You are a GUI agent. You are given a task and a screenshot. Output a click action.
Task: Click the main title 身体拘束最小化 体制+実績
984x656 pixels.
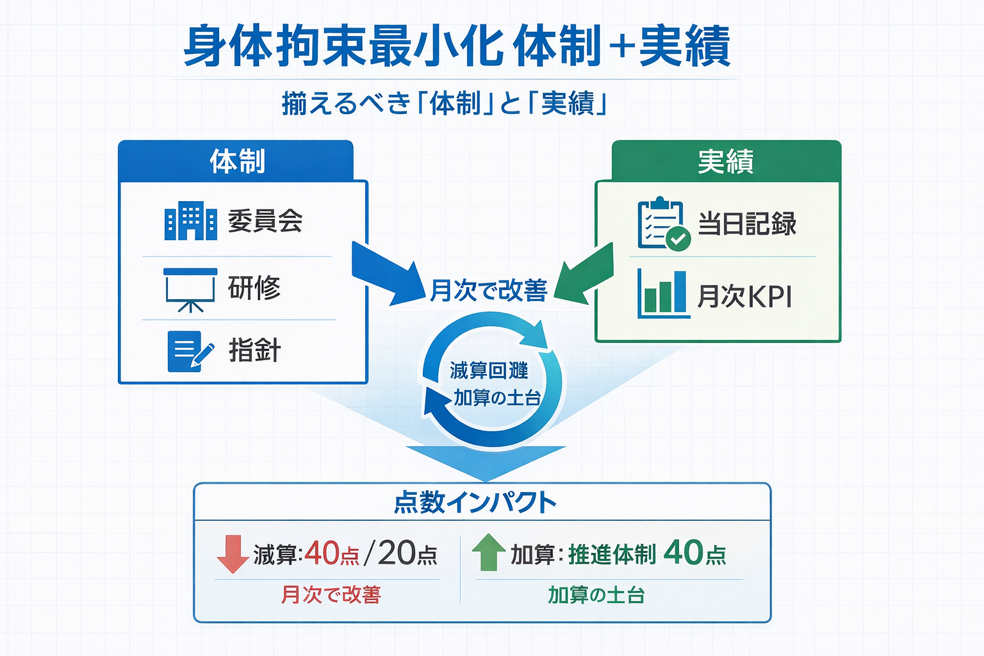(x=456, y=46)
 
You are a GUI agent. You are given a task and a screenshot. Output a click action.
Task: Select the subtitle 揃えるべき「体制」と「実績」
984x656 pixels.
(x=444, y=103)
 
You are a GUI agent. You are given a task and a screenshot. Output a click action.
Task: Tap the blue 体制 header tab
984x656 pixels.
(x=236, y=161)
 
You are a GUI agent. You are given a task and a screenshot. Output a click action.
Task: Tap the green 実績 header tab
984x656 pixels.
(x=726, y=161)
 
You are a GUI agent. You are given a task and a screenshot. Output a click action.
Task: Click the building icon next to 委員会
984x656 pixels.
(x=190, y=221)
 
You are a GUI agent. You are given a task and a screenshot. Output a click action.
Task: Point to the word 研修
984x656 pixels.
(x=254, y=288)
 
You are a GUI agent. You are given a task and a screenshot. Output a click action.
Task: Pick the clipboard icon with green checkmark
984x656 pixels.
(x=662, y=224)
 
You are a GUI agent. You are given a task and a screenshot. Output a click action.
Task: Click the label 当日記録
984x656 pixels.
(x=747, y=224)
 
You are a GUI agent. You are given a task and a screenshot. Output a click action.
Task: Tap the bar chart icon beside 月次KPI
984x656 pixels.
(x=662, y=295)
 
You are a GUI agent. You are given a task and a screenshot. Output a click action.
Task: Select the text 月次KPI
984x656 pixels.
(x=744, y=297)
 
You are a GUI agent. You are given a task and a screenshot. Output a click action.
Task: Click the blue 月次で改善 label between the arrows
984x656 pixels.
(x=488, y=291)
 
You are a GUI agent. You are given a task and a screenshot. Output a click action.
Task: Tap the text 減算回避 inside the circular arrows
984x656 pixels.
(x=489, y=370)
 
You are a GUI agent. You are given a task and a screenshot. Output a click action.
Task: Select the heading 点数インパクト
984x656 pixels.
(x=475, y=502)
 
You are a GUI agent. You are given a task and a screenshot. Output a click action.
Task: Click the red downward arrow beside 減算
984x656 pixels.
(x=232, y=553)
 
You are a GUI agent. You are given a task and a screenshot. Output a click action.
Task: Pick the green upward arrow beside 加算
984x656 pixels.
(x=489, y=552)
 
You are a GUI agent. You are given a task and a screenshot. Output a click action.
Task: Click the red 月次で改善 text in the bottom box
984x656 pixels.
(x=331, y=594)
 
